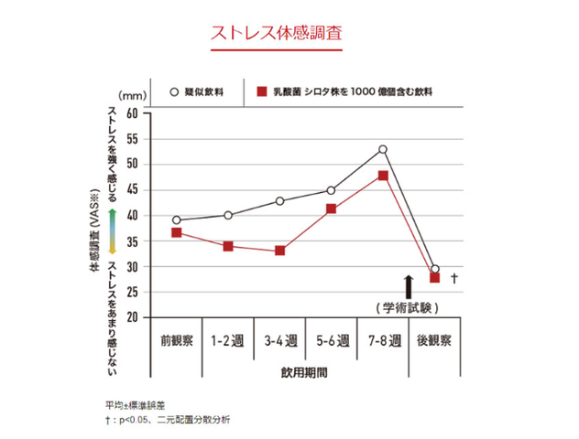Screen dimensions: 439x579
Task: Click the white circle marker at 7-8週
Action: [383, 149]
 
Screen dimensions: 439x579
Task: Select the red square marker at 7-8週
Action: [383, 175]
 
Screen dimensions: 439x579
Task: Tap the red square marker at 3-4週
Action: [279, 251]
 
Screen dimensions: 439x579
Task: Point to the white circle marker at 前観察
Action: [176, 220]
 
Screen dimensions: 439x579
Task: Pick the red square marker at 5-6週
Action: [331, 209]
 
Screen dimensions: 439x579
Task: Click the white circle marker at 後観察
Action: [434, 269]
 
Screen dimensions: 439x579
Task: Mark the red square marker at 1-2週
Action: [227, 246]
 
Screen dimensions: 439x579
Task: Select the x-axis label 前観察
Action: [176, 341]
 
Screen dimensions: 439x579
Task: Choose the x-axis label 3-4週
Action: [279, 341]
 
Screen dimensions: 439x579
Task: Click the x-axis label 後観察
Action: [434, 341]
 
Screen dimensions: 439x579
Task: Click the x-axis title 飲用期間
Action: [305, 373]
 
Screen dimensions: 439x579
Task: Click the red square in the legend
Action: [261, 92]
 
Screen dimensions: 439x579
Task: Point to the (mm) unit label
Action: [132, 94]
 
